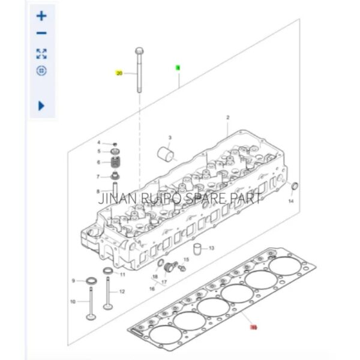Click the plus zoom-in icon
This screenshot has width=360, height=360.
tap(41, 16)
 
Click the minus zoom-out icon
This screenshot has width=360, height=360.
tap(41, 34)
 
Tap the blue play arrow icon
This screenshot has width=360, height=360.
tap(41, 106)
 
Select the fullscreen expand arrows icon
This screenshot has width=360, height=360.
tap(41, 53)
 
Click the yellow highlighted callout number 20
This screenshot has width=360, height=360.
tap(119, 73)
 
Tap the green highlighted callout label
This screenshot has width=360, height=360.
tap(178, 68)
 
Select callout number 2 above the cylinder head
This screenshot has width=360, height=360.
tap(228, 117)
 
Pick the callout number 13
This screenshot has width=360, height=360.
tap(211, 247)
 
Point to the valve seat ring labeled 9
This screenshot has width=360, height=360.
tap(91, 281)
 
